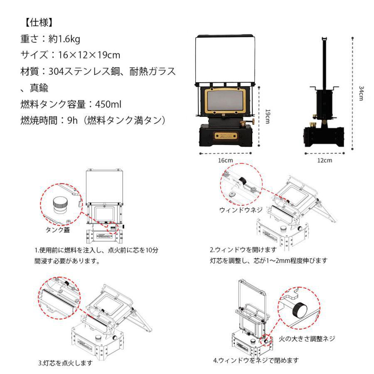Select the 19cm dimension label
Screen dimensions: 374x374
click(x=268, y=118)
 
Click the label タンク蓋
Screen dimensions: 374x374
click(x=58, y=229)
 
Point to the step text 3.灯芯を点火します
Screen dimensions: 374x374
click(x=65, y=363)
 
